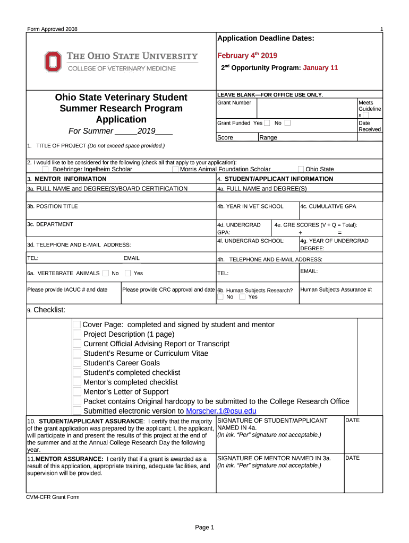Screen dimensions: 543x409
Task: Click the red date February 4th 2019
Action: [247, 56]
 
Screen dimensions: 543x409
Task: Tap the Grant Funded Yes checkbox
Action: [267, 123]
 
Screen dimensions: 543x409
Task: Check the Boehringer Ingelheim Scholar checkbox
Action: [45, 169]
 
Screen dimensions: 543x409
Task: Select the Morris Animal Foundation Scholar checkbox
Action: [175, 169]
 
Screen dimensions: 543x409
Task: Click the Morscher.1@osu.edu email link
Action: [221, 411]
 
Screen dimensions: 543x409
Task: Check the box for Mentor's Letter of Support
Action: [77, 392]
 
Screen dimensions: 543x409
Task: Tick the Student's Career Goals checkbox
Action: [77, 363]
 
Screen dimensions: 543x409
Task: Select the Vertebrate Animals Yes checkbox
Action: [128, 273]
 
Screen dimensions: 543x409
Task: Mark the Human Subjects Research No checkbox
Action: [220, 297]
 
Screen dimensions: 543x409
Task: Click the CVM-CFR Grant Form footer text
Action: [53, 497]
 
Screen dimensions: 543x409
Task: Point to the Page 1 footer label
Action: [204, 527]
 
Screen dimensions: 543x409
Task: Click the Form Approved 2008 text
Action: [52, 29]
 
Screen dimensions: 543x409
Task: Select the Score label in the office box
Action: [225, 137]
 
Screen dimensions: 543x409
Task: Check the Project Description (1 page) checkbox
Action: [77, 334]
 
